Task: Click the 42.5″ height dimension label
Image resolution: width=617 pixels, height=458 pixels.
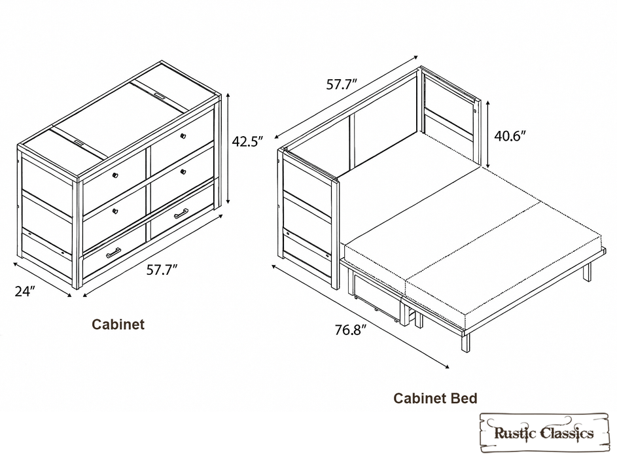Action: (x=247, y=141)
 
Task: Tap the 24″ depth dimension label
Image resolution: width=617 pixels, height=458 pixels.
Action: (x=25, y=292)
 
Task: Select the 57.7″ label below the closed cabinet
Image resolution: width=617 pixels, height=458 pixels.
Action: (x=162, y=270)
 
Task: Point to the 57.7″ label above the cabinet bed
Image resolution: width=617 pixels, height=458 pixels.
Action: (x=342, y=84)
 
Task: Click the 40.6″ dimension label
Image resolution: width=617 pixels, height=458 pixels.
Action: (x=510, y=135)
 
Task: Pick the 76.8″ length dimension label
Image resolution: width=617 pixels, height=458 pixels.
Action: (x=351, y=330)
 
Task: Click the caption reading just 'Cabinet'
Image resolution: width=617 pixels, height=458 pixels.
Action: (x=118, y=325)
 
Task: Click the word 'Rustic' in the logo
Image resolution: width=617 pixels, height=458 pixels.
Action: (x=515, y=433)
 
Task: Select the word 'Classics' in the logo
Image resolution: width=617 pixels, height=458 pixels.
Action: (x=567, y=433)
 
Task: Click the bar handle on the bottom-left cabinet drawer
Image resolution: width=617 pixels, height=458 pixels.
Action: (x=113, y=253)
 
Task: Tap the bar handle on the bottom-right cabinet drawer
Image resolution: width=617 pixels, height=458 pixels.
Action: (x=181, y=213)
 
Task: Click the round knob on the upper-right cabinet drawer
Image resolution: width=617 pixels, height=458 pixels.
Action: (x=183, y=135)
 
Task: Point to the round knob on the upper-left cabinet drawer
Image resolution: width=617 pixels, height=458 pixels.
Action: (x=115, y=175)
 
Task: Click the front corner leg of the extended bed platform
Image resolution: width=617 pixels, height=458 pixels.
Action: (x=465, y=342)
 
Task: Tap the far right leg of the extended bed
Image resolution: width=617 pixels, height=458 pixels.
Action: (x=587, y=271)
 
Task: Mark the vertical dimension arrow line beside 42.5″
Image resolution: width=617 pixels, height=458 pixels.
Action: (x=228, y=149)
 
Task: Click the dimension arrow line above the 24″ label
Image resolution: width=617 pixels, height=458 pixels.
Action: (x=43, y=279)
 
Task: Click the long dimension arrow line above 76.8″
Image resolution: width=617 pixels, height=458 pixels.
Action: (x=361, y=317)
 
